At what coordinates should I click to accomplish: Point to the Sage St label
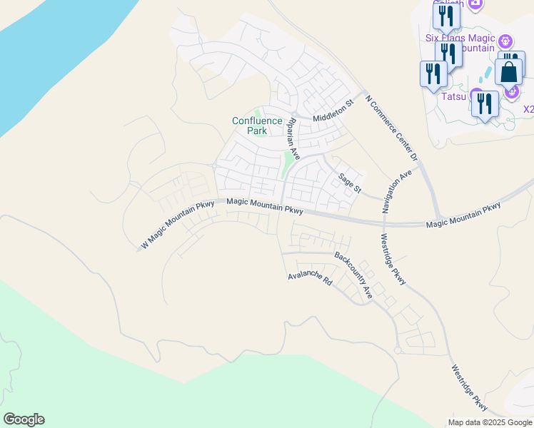351,183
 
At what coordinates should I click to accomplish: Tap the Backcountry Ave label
354,275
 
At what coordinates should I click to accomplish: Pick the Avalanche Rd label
311,279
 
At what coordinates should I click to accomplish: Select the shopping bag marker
508,73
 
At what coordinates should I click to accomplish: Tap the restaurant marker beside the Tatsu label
485,103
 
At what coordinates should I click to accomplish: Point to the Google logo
24,419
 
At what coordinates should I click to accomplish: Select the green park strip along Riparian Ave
288,165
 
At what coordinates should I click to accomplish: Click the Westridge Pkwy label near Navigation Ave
393,260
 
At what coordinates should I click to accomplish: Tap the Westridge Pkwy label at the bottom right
469,388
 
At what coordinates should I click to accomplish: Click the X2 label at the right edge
528,109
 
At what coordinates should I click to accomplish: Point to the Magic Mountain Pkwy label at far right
463,215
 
